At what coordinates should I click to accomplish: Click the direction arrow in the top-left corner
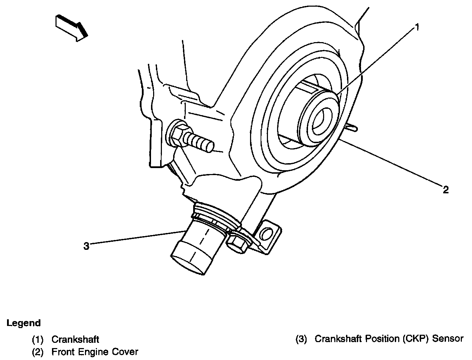point(71,27)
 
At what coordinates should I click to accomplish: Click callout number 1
point(417,28)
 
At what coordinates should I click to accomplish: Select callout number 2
point(445,190)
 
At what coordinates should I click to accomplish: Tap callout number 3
point(86,246)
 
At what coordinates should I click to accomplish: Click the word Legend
point(24,323)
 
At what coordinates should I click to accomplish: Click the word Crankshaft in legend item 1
point(75,339)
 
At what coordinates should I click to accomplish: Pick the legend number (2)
point(38,352)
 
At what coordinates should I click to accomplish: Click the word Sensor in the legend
point(448,339)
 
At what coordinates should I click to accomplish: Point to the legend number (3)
point(301,339)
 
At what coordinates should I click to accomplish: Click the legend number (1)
point(38,339)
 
